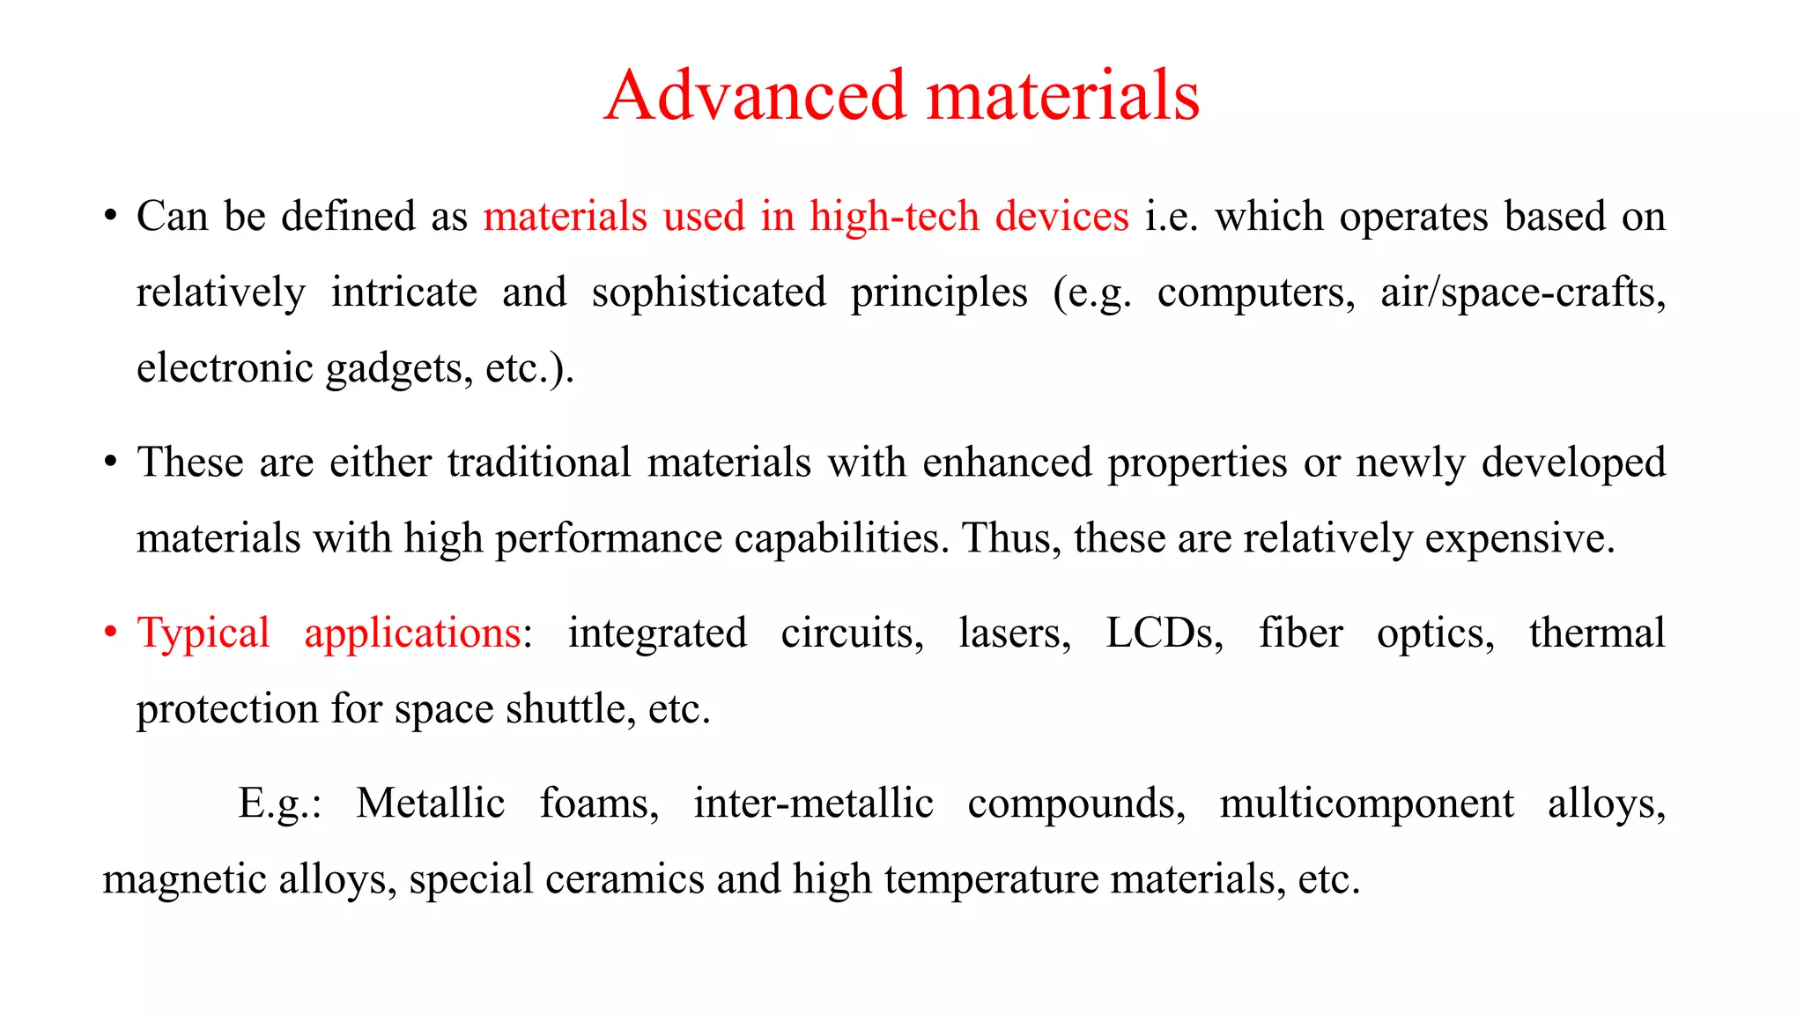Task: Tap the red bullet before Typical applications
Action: click(110, 633)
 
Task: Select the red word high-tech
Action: click(894, 216)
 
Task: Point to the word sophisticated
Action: click(709, 293)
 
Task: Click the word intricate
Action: click(404, 293)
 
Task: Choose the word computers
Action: click(1256, 293)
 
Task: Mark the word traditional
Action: click(539, 463)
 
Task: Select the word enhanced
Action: click(1007, 463)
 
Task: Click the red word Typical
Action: click(203, 633)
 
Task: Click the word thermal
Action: click(1597, 633)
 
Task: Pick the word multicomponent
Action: click(1366, 804)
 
